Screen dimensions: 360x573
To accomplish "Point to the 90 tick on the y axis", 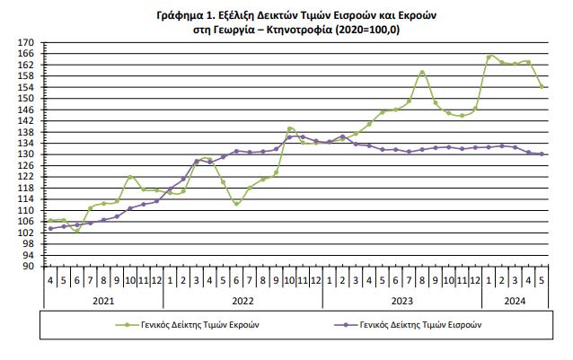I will (29, 267).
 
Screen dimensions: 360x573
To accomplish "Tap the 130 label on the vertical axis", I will (26, 154).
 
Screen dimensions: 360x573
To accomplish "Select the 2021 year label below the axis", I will (103, 303).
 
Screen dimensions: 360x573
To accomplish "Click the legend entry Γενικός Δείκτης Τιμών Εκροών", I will (195, 325).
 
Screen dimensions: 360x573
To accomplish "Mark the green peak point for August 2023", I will (422, 73).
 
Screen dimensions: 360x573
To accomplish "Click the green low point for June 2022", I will (236, 204).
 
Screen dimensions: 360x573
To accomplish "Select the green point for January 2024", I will (489, 57).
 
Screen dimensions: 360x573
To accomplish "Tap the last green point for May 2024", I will (542, 86).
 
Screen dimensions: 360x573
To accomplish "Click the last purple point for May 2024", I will (542, 154).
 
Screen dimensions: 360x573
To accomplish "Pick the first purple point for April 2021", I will (50, 228).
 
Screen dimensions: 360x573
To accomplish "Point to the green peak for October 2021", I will (130, 177).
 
